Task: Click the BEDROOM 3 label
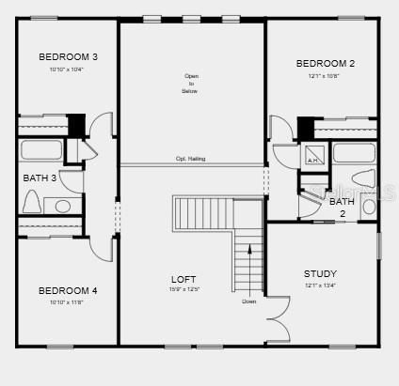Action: click(x=68, y=57)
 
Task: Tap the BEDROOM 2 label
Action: click(x=325, y=64)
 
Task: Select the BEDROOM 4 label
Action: click(x=68, y=290)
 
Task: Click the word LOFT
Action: click(x=184, y=279)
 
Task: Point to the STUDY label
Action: click(x=320, y=273)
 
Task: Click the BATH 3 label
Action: click(x=40, y=178)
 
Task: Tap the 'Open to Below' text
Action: click(x=191, y=85)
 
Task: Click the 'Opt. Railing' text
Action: click(x=190, y=159)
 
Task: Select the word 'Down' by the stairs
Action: click(x=248, y=301)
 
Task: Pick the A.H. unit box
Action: click(x=313, y=155)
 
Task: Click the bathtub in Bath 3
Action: click(x=40, y=150)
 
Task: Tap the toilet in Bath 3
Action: click(x=31, y=202)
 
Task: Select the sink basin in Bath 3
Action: click(x=63, y=206)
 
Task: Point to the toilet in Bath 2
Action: click(x=362, y=178)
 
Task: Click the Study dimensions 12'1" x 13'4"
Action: click(x=320, y=285)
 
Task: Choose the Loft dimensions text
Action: click(x=184, y=289)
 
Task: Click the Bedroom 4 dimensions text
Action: click(x=67, y=301)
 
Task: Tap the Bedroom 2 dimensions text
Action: click(x=325, y=76)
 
